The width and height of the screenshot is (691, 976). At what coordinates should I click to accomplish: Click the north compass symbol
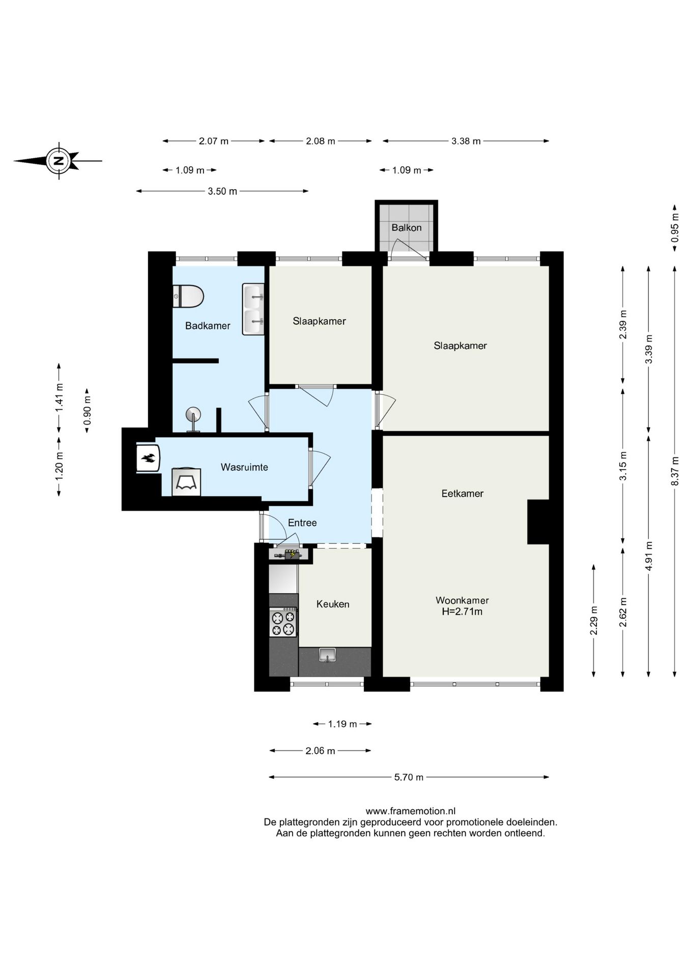pyautogui.click(x=58, y=161)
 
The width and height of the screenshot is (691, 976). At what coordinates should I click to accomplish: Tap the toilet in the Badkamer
pyautogui.click(x=188, y=296)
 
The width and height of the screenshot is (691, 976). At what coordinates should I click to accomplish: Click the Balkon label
pyautogui.click(x=406, y=228)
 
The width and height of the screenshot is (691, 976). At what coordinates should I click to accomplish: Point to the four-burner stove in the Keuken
pyautogui.click(x=283, y=623)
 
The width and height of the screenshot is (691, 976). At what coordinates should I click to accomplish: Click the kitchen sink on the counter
pyautogui.click(x=328, y=655)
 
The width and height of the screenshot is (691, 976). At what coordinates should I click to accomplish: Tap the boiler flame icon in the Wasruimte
pyautogui.click(x=148, y=459)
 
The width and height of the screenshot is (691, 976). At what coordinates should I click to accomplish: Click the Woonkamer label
pyautogui.click(x=462, y=600)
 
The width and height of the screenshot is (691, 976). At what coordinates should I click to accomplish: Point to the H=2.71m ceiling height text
pyautogui.click(x=462, y=612)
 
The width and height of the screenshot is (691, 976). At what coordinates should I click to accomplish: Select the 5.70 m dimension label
pyautogui.click(x=409, y=777)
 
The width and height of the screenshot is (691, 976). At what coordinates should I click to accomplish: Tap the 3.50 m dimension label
pyautogui.click(x=222, y=192)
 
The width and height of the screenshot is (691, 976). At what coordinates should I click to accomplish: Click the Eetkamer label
pyautogui.click(x=462, y=494)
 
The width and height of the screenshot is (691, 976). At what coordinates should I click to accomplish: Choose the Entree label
pyautogui.click(x=302, y=523)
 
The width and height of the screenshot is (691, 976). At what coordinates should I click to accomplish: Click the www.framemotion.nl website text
pyautogui.click(x=410, y=811)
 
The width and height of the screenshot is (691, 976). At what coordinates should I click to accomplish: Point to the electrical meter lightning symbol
pyautogui.click(x=292, y=555)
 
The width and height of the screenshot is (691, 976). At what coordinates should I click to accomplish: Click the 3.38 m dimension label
pyautogui.click(x=466, y=141)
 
